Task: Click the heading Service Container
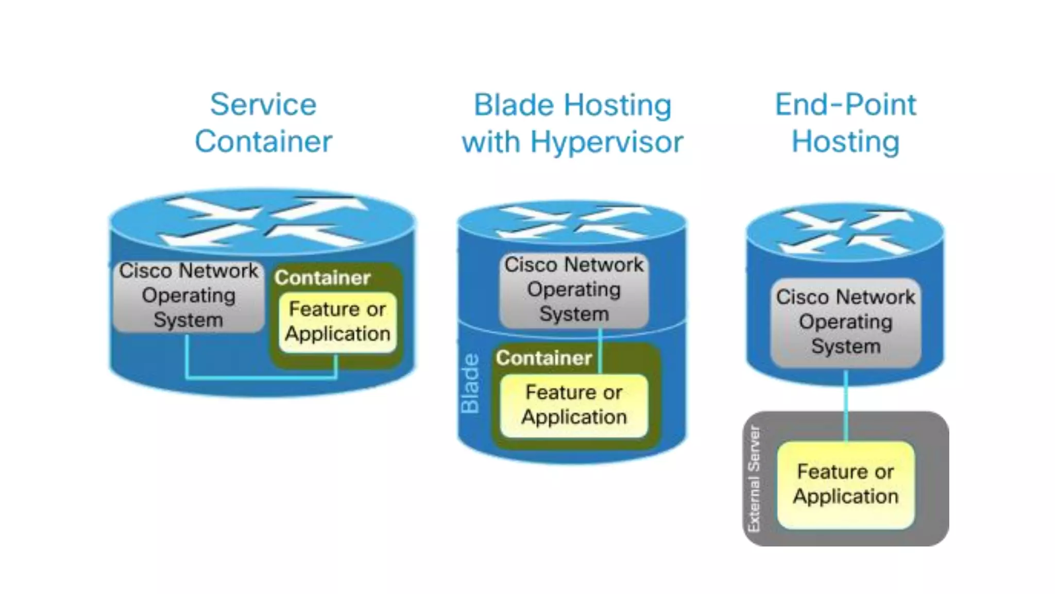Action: click(263, 123)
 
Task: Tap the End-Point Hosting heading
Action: click(845, 123)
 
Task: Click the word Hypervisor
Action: click(606, 142)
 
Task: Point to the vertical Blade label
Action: click(470, 383)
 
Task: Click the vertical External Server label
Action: click(754, 478)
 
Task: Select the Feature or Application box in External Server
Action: click(845, 484)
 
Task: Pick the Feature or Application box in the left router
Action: click(337, 321)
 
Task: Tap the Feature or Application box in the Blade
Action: click(574, 405)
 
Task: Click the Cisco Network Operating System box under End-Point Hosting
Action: click(845, 322)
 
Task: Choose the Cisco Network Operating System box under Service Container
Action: click(189, 295)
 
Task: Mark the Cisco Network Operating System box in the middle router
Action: click(574, 289)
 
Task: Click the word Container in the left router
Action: click(322, 278)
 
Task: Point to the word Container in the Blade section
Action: click(544, 358)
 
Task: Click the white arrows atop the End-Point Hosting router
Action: click(845, 232)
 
